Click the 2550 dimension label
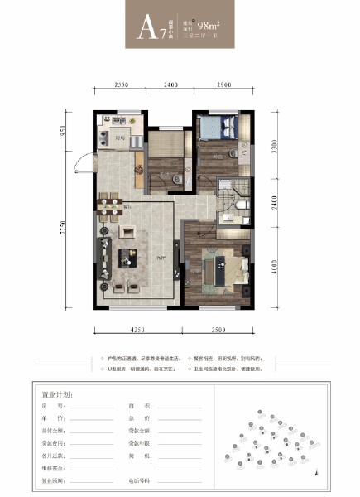tap(121, 85)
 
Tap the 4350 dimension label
tap(135, 331)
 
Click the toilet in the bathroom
tap(239, 204)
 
